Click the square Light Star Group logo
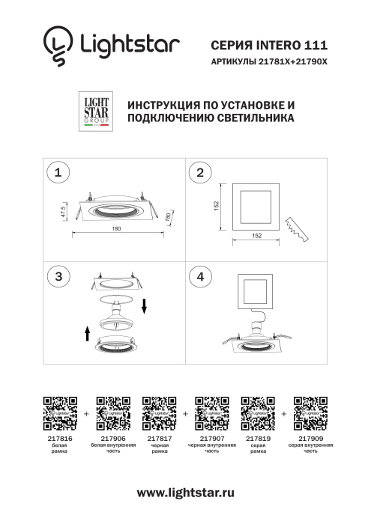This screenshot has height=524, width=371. pyautogui.click(x=94, y=110)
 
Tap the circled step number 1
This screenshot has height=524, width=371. pyautogui.click(x=57, y=173)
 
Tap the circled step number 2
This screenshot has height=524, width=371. pyautogui.click(x=199, y=173)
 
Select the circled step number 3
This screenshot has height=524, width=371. pyautogui.click(x=57, y=275)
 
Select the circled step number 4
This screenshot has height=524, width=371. pyautogui.click(x=199, y=275)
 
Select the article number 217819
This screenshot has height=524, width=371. pyautogui.click(x=258, y=439)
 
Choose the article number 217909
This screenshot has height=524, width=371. pyautogui.click(x=310, y=439)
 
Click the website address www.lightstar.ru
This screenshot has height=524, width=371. pyautogui.click(x=185, y=492)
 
